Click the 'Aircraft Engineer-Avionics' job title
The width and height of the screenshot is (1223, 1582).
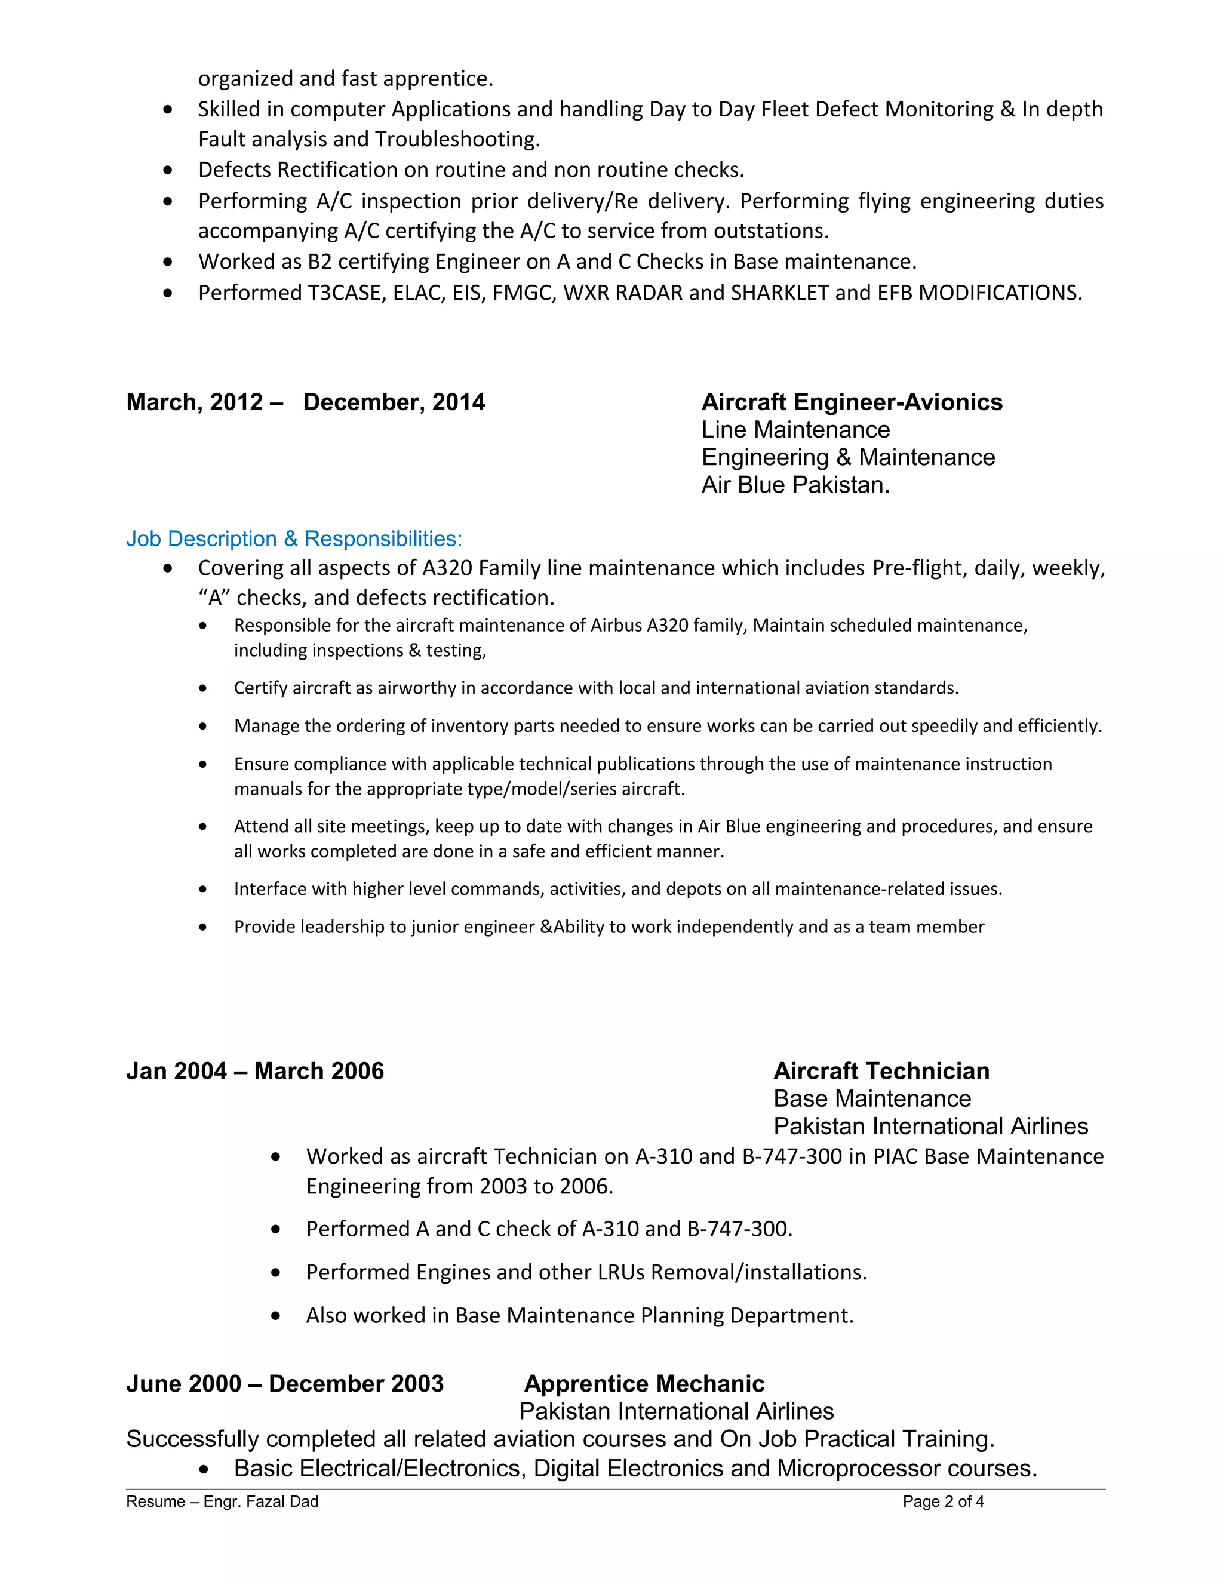(852, 402)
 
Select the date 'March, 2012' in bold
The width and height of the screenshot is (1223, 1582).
(194, 402)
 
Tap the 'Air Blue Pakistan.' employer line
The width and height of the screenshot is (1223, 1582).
(795, 485)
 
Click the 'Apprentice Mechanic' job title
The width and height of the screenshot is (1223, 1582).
(644, 1384)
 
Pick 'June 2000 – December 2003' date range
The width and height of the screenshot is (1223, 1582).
(285, 1384)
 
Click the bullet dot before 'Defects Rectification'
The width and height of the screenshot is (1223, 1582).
(168, 170)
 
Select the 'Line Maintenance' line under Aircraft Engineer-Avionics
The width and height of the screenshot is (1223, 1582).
(795, 430)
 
